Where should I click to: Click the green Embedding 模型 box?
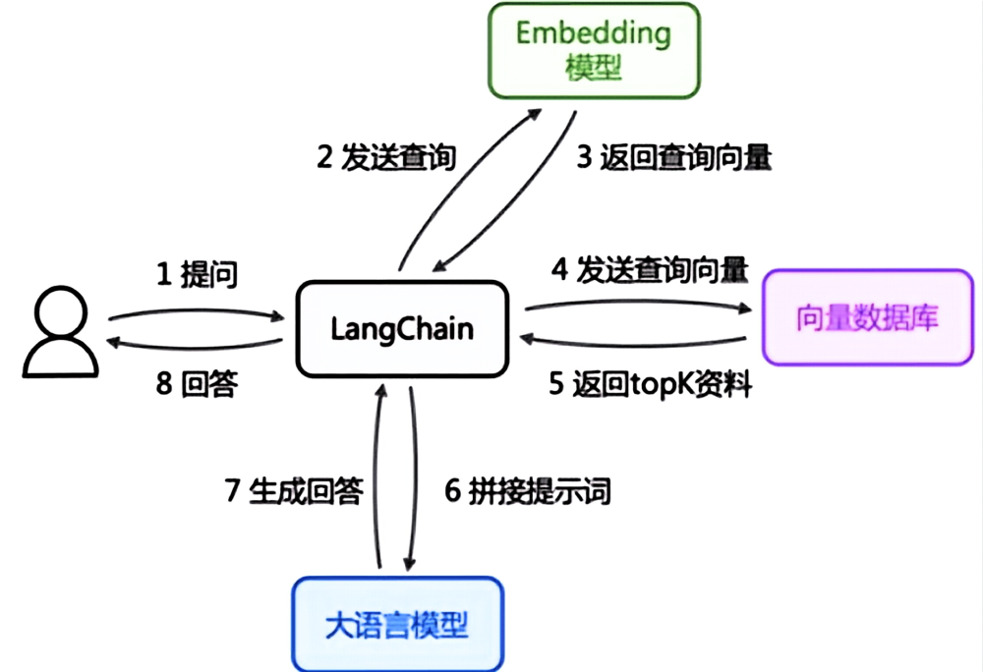[594, 50]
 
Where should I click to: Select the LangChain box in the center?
[403, 328]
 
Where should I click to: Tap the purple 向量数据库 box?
[867, 317]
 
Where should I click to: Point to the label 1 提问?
[197, 275]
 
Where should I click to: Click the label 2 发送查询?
[386, 158]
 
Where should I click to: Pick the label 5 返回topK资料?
[649, 385]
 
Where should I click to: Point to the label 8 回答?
[196, 385]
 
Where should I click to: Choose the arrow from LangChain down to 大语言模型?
[415, 481]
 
